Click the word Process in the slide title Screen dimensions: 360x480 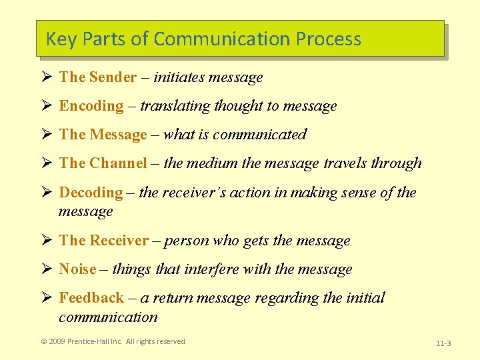[x=328, y=39]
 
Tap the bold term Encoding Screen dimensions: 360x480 [x=91, y=106]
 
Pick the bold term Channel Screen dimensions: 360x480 [x=118, y=163]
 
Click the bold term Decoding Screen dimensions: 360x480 [x=91, y=193]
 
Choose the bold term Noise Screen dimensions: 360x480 [x=77, y=269]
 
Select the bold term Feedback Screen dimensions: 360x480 [x=91, y=298]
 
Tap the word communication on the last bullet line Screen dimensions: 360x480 [x=108, y=317]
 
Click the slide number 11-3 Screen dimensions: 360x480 [x=443, y=343]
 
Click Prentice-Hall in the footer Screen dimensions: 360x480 [x=91, y=341]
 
